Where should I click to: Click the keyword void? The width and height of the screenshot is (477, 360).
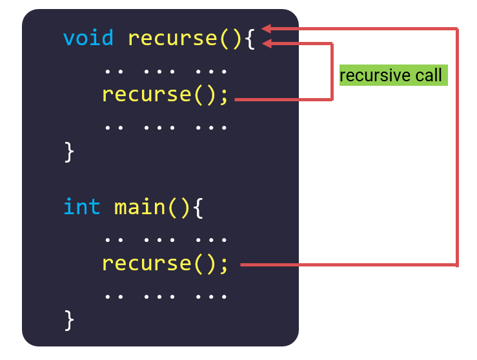click(x=88, y=38)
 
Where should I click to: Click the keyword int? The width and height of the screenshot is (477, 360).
click(x=81, y=207)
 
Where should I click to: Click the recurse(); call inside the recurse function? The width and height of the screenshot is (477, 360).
click(x=165, y=95)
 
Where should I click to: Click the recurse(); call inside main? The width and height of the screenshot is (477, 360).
click(x=165, y=264)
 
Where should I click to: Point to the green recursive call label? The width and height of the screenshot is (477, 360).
click(x=393, y=75)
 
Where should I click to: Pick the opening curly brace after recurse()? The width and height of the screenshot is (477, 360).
click(x=250, y=39)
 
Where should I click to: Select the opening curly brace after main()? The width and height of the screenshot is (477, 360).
click(x=198, y=208)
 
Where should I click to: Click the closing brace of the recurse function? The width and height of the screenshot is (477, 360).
click(x=70, y=152)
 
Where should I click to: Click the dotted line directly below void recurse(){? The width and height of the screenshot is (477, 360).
click(x=165, y=68)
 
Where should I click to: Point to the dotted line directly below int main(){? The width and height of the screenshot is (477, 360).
click(x=165, y=237)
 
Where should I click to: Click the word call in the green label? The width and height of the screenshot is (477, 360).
click(x=429, y=75)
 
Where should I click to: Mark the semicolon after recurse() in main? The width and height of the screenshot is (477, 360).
click(x=224, y=265)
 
